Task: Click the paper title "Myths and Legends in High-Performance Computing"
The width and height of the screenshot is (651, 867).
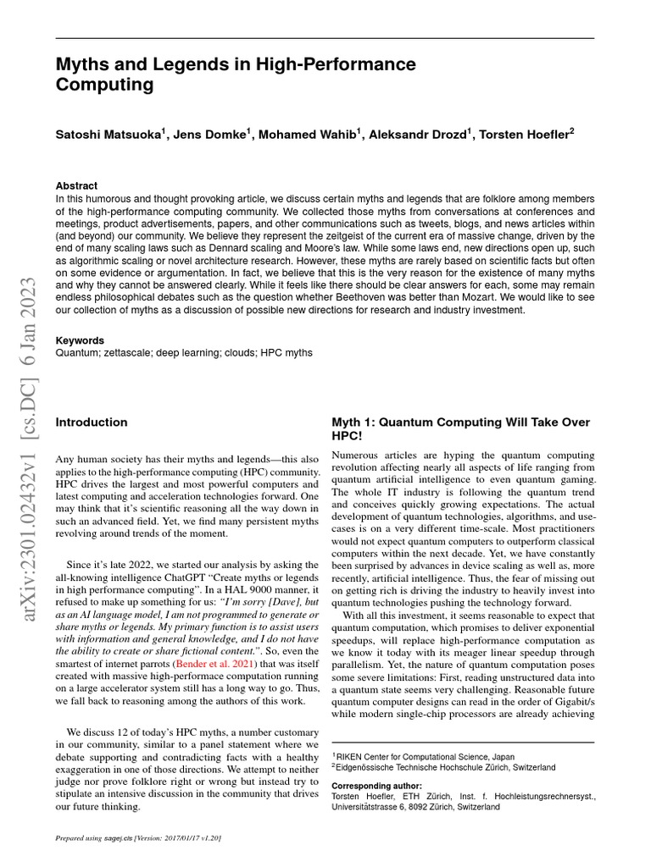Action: (x=236, y=75)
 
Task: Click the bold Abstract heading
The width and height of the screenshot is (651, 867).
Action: (x=76, y=185)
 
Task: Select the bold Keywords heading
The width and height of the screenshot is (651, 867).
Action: (x=81, y=340)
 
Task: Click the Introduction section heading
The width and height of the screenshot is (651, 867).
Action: (x=92, y=422)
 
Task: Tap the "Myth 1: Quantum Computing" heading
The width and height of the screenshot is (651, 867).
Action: (x=460, y=422)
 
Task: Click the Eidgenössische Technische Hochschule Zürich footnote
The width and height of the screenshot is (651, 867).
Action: (x=446, y=767)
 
